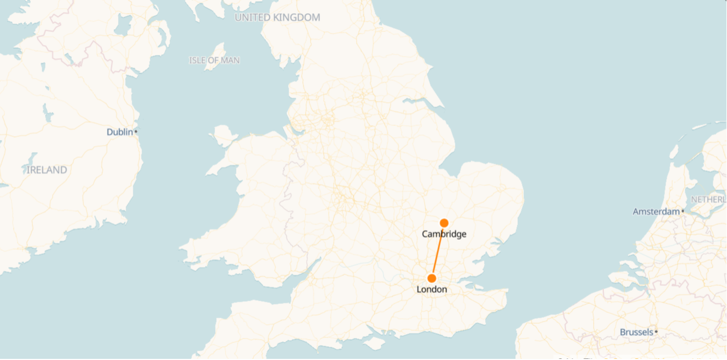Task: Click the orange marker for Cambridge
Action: click(x=444, y=223)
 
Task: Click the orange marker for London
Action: click(x=432, y=278)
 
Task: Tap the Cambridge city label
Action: click(x=444, y=234)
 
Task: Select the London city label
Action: click(x=432, y=290)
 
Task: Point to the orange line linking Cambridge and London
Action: click(x=438, y=251)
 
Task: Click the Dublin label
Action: click(x=120, y=132)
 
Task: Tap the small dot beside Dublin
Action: click(x=136, y=132)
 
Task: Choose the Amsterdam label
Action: click(x=656, y=212)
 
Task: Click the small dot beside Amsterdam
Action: click(x=682, y=211)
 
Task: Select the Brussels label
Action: click(x=636, y=332)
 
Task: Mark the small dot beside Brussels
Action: click(x=656, y=332)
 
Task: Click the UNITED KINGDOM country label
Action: click(x=278, y=18)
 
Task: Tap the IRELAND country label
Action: click(x=47, y=170)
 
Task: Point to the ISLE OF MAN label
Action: click(x=214, y=60)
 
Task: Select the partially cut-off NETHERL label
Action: click(x=708, y=199)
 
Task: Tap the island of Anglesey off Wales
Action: click(x=223, y=135)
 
